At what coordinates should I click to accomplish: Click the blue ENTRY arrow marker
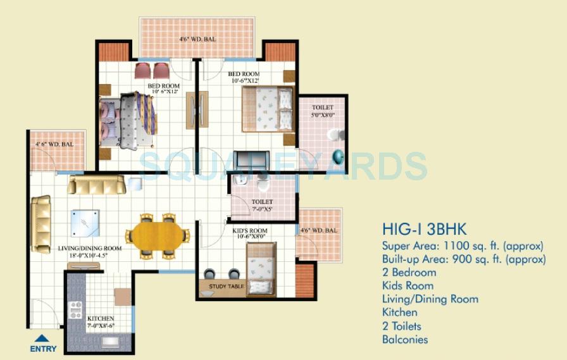pyautogui.click(x=42, y=338)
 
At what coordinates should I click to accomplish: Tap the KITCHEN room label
pyautogui.click(x=101, y=318)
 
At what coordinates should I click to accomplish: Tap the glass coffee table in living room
pyautogui.click(x=84, y=222)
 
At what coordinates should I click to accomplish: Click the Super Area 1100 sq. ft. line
pyautogui.click(x=463, y=245)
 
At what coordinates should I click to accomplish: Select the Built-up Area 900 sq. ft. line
pyautogui.click(x=464, y=259)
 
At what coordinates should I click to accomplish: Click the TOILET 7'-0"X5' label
pyautogui.click(x=261, y=205)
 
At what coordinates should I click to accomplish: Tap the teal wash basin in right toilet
pyautogui.click(x=339, y=155)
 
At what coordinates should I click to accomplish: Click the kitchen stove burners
pyautogui.click(x=75, y=310)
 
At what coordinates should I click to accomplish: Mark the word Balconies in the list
pyautogui.click(x=405, y=339)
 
